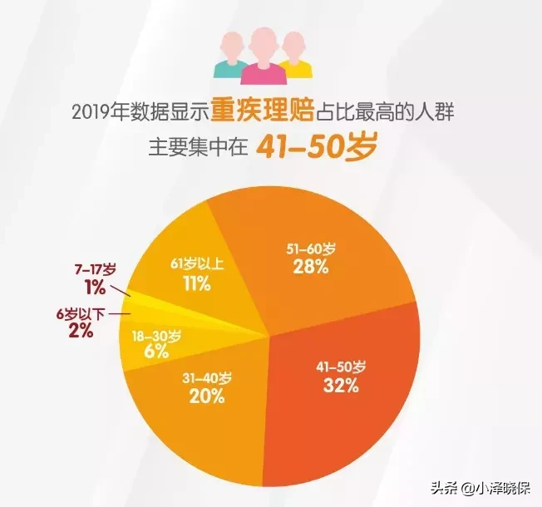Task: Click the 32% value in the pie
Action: [341, 386]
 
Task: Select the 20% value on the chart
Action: [207, 396]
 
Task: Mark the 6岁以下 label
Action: [82, 313]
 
